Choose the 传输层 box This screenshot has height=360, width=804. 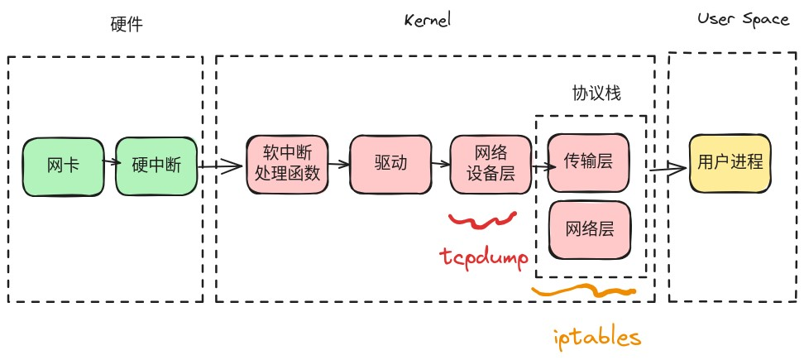[588, 161]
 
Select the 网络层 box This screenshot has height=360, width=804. [588, 228]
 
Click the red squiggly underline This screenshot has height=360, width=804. [482, 219]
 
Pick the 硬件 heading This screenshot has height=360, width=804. [127, 24]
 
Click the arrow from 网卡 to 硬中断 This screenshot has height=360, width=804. [109, 165]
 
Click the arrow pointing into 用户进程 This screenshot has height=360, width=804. [668, 170]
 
